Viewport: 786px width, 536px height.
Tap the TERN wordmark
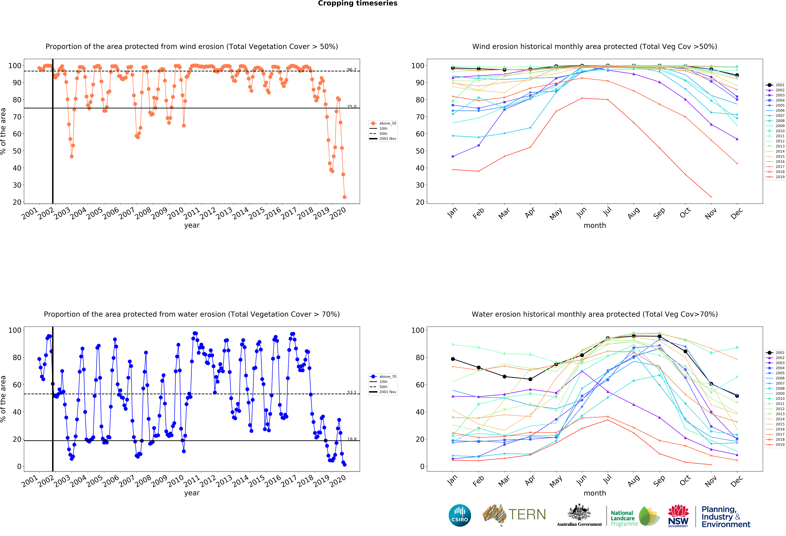click(x=527, y=515)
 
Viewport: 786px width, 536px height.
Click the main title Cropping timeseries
click(x=357, y=3)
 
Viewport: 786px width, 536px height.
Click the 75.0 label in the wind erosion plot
click(x=352, y=107)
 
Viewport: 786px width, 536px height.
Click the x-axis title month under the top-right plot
click(x=595, y=225)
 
